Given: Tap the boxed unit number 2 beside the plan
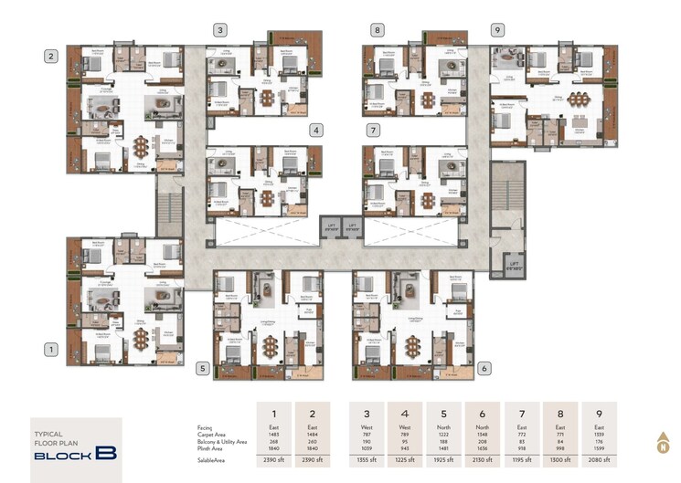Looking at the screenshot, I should [52, 57].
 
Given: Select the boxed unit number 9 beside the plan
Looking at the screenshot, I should [496, 29].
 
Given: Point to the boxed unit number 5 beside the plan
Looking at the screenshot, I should [202, 368].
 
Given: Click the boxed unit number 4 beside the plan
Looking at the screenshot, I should [314, 131].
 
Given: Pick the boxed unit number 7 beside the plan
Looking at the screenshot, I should [373, 131].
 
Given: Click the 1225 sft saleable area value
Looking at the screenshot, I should [404, 462].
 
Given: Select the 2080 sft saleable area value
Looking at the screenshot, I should [599, 462].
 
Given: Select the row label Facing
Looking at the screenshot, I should [206, 426].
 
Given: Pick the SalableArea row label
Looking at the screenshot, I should [214, 462].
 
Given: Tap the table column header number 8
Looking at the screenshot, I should [560, 412].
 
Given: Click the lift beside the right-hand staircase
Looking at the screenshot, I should [512, 265].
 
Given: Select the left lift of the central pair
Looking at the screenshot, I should [327, 226].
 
